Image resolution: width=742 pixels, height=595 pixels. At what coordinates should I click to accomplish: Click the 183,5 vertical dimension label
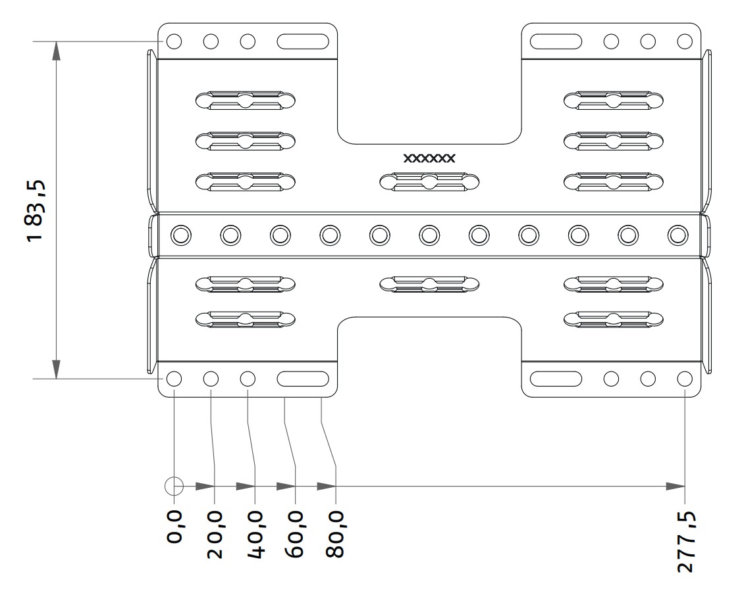click(36, 210)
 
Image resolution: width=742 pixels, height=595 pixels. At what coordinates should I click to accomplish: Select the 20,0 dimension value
click(215, 534)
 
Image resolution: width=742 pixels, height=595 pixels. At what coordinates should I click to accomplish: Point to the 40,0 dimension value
click(255, 534)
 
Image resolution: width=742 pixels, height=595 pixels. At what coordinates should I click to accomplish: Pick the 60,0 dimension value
click(295, 534)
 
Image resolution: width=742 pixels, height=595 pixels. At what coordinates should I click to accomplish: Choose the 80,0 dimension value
click(336, 534)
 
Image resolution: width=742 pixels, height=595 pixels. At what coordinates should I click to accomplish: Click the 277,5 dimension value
click(685, 542)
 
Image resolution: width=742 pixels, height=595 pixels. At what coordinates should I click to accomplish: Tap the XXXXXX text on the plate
click(429, 158)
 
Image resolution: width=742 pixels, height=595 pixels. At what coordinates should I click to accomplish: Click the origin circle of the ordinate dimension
click(174, 487)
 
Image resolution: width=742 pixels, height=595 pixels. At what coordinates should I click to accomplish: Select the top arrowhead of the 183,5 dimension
click(57, 51)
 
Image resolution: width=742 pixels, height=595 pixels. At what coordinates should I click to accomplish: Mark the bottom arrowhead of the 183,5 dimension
click(57, 369)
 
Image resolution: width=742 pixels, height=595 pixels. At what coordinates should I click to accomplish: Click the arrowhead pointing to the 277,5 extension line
click(676, 487)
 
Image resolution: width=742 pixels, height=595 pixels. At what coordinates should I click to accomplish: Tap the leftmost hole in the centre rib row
click(181, 235)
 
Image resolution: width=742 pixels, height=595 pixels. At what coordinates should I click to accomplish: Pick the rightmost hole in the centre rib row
click(677, 235)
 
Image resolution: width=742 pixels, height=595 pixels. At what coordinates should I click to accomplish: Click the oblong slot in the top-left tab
click(303, 41)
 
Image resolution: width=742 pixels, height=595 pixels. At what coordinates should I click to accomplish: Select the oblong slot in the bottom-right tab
click(556, 379)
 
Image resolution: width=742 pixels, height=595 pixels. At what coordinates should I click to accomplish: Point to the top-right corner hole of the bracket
click(685, 41)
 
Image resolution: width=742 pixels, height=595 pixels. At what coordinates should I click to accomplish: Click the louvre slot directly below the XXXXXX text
click(429, 182)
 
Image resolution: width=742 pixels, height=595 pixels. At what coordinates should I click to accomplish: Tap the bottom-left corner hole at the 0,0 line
click(174, 379)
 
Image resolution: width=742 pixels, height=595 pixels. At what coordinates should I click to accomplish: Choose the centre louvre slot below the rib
click(429, 284)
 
